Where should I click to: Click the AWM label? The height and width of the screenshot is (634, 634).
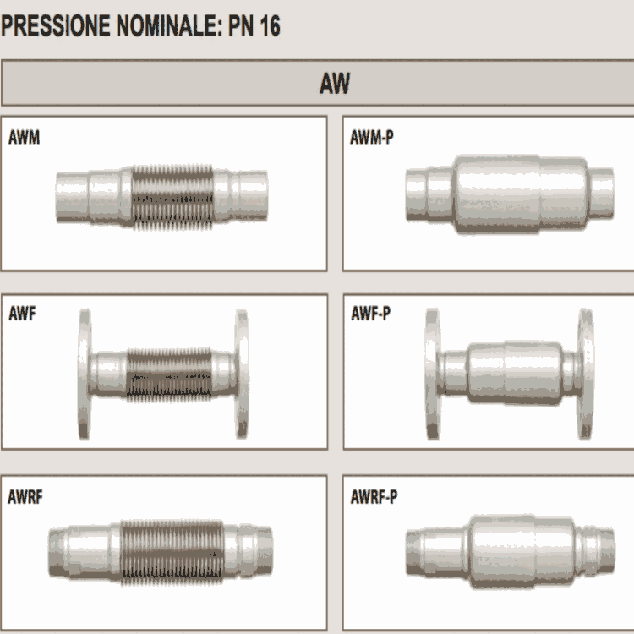pos(24,137)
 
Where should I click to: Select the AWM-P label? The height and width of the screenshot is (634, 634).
pos(372,137)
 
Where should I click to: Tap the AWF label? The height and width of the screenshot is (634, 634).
pos(22,314)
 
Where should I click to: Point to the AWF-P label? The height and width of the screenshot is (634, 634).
pos(371,314)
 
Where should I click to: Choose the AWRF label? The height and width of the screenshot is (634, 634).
pos(25,497)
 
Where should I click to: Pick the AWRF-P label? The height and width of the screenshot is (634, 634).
pos(374,497)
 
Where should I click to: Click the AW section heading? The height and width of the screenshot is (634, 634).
pos(335,84)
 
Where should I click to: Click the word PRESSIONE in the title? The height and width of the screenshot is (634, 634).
pos(56,25)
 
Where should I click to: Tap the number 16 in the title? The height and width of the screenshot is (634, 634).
pos(271,25)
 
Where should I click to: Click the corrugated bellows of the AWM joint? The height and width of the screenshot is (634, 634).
pos(172,197)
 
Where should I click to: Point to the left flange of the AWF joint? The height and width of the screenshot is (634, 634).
pos(85,374)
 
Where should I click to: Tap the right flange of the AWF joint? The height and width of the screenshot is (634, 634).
pos(242,374)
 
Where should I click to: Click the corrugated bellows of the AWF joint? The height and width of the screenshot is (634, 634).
pos(169,374)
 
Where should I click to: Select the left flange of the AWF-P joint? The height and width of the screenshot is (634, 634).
pos(432,374)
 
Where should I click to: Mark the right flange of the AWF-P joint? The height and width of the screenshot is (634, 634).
pos(586,374)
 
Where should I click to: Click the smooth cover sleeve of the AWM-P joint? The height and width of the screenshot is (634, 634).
pos(521,194)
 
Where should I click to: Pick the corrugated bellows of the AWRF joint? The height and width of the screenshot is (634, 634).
pos(172,552)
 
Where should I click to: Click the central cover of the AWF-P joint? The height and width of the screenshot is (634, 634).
pos(514,373)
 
